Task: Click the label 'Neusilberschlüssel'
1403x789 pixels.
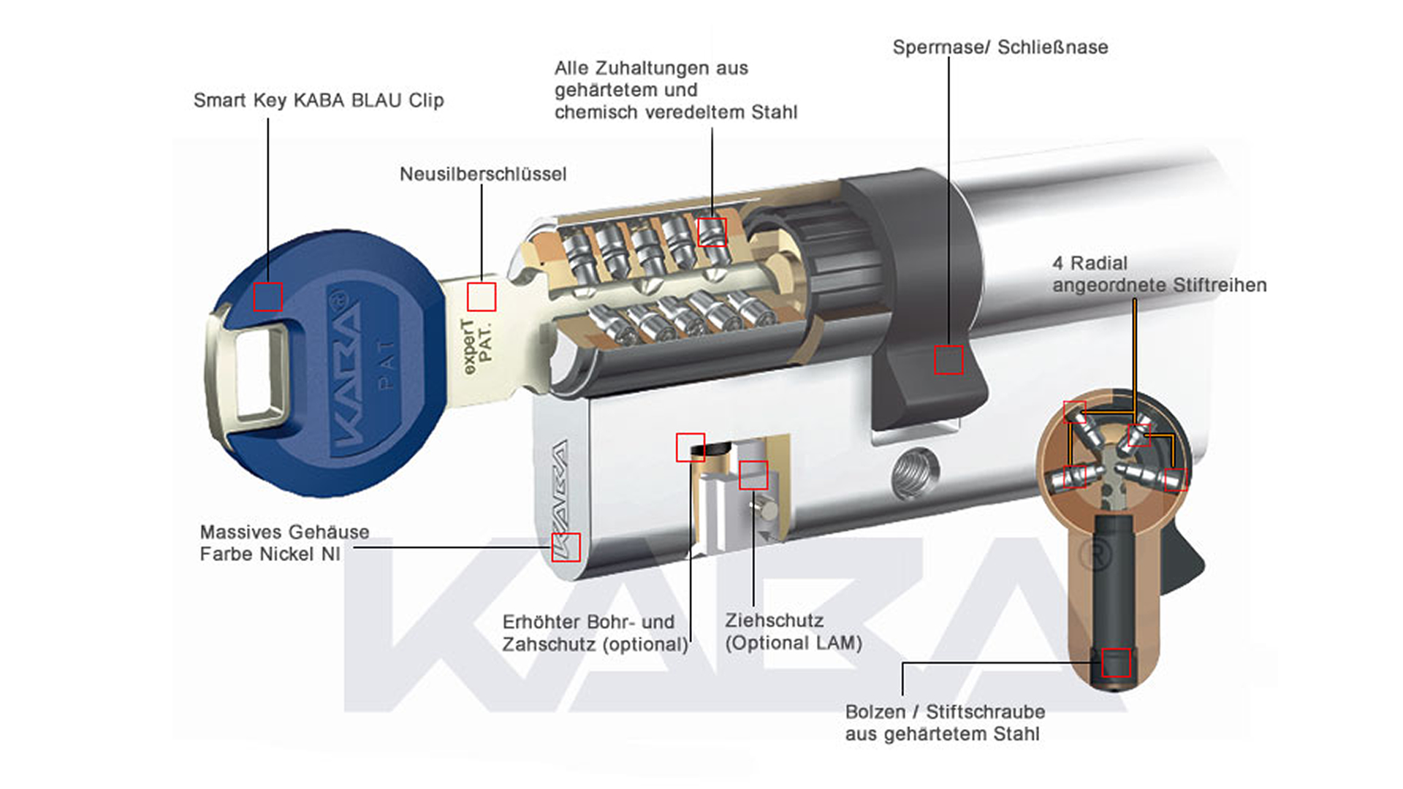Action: (x=482, y=174)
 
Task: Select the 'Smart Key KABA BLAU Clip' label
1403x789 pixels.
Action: (x=319, y=100)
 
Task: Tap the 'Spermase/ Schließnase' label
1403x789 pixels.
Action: (x=1000, y=47)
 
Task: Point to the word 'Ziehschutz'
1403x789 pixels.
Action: (x=774, y=621)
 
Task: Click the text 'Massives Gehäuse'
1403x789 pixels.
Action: (x=284, y=532)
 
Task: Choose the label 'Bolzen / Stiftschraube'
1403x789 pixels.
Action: (x=945, y=712)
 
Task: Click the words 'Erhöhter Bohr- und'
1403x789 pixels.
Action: (x=588, y=622)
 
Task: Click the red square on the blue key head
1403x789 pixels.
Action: (x=267, y=297)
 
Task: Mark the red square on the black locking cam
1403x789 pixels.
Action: (x=948, y=360)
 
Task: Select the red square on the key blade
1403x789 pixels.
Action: (x=482, y=297)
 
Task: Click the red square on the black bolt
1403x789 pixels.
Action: (x=1116, y=663)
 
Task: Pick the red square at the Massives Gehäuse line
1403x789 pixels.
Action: (x=566, y=547)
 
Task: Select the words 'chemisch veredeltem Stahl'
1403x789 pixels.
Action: (x=675, y=113)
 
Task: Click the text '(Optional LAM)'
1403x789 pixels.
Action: (x=794, y=643)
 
